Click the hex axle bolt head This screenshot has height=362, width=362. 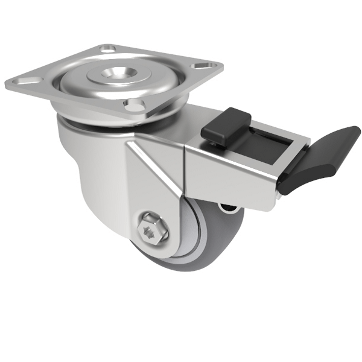coord(148,229)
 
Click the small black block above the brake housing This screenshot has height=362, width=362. coord(226,127)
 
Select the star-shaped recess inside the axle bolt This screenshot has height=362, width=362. coord(148,229)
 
